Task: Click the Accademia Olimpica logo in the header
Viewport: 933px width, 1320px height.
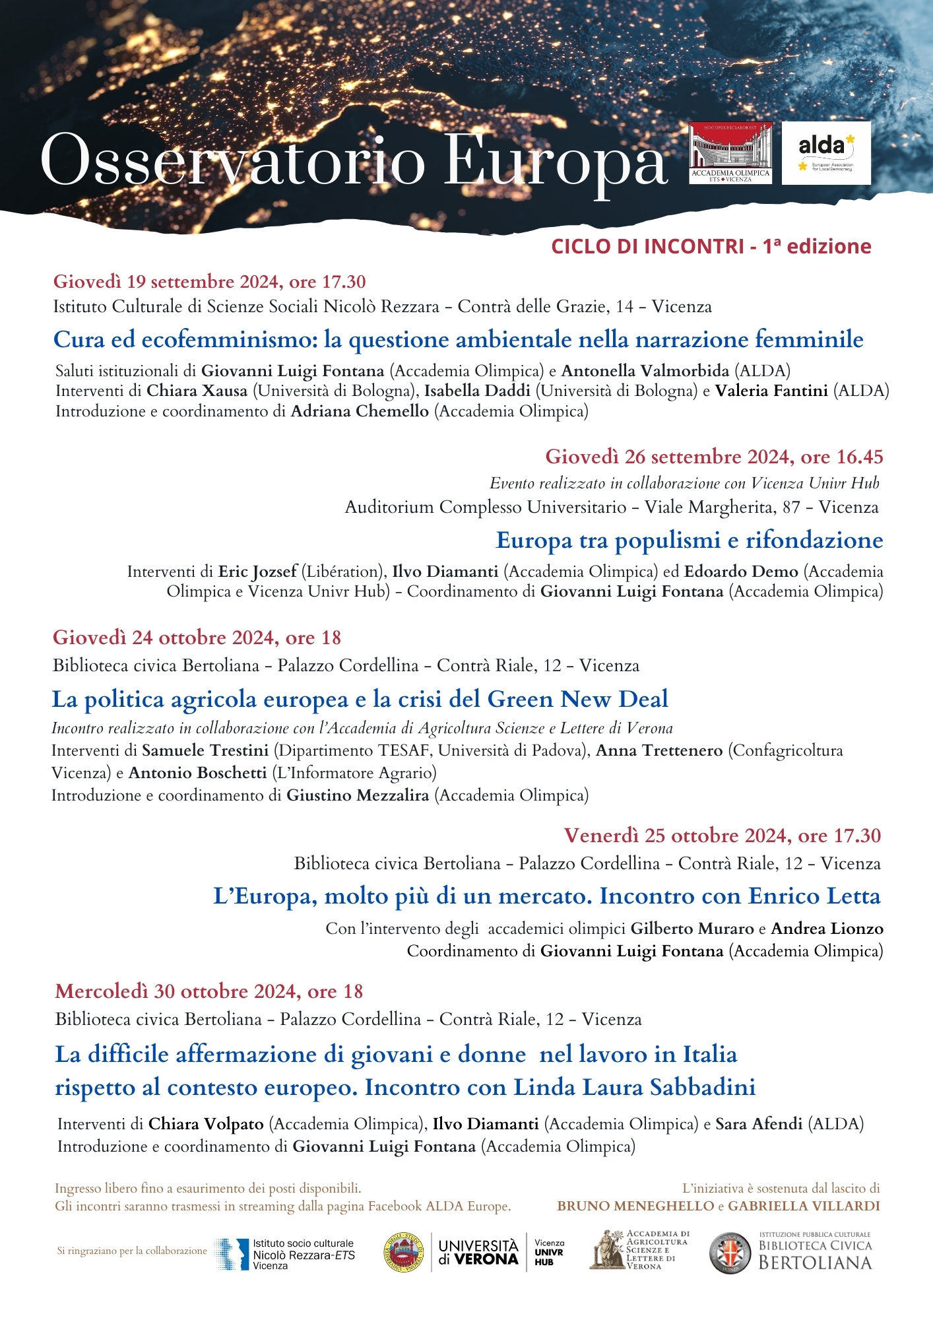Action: pyautogui.click(x=730, y=152)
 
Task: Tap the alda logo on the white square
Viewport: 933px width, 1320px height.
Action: pyautogui.click(x=825, y=152)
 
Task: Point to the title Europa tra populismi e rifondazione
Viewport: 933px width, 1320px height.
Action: pyautogui.click(x=689, y=541)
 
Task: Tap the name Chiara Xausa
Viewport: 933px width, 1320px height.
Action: pyautogui.click(x=197, y=391)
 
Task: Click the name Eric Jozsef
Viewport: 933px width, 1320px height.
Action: pyautogui.click(x=257, y=572)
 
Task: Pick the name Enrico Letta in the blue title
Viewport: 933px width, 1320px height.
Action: pyautogui.click(x=814, y=896)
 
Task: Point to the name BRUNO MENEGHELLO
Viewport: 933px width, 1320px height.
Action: pyautogui.click(x=635, y=1206)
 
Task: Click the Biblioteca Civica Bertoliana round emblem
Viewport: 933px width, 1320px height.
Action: pyautogui.click(x=729, y=1253)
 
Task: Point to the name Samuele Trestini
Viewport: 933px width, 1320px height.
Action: pyautogui.click(x=205, y=750)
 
